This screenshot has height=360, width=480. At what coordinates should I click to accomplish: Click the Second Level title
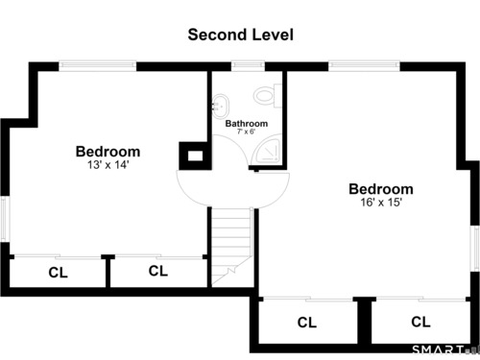[240, 35]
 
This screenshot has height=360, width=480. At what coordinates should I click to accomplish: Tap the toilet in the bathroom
[268, 95]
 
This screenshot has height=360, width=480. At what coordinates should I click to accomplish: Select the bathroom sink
[221, 106]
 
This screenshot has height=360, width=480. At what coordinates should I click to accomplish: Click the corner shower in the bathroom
[266, 152]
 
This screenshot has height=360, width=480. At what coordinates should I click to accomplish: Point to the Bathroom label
[247, 124]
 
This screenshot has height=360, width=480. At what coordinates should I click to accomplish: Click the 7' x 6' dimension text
[246, 132]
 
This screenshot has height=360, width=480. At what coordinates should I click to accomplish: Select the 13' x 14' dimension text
[108, 165]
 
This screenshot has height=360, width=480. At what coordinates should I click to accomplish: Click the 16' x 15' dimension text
[381, 203]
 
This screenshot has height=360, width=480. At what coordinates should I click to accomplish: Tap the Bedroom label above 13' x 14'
[108, 152]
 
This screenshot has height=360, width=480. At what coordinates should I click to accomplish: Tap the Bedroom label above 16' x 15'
[381, 189]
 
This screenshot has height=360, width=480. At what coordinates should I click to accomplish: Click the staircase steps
[232, 247]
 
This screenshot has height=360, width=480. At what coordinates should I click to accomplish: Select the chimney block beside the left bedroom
[195, 156]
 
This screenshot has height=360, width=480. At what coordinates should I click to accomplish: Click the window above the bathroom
[248, 66]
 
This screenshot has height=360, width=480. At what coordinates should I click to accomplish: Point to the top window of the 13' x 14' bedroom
[98, 66]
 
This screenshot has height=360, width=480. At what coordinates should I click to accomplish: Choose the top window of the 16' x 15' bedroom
[364, 66]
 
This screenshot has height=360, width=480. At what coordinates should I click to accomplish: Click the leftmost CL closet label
[58, 273]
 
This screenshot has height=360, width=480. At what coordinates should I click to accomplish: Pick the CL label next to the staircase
[158, 271]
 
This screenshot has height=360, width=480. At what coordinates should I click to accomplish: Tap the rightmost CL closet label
[420, 322]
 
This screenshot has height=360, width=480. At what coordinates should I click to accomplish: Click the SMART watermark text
[439, 349]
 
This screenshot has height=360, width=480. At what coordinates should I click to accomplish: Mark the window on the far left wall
[5, 219]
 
